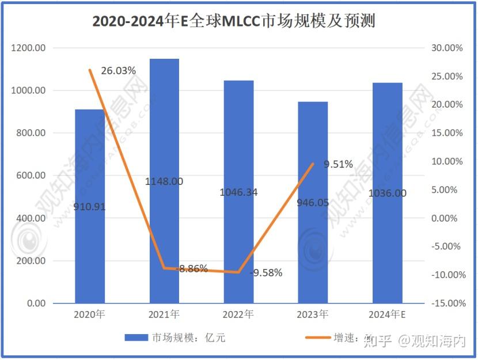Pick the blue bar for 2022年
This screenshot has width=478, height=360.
238,242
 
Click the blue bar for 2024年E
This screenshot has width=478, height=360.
387,242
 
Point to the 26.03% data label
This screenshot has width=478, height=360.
118,71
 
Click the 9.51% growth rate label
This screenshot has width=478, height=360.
338,165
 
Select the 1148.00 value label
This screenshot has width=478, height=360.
164,181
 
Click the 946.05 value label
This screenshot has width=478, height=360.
313,203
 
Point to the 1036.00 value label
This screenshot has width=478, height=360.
387,194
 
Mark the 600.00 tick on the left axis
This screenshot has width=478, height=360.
31,176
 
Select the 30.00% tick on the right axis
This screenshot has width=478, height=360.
447,48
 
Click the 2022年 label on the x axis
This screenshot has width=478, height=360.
238,315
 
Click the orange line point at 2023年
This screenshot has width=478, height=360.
313,164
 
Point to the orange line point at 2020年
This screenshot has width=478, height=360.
90,70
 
